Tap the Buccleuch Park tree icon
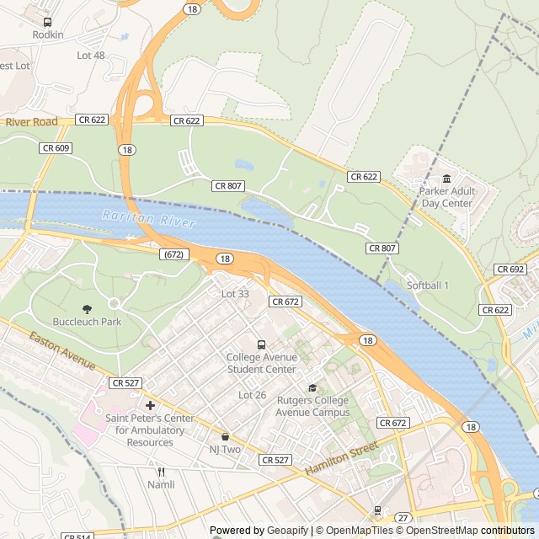(87, 309)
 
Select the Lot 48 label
(91, 56)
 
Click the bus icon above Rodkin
(47, 23)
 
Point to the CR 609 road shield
(56, 148)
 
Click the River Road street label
(31, 122)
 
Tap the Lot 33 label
(235, 294)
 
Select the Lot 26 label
(252, 395)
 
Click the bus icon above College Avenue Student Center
(261, 344)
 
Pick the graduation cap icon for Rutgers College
(312, 387)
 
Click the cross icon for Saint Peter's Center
(150, 405)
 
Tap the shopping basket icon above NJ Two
(225, 436)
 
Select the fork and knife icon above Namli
(161, 472)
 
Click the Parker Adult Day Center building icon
(447, 179)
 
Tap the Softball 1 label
(428, 286)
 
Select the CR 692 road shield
(510, 269)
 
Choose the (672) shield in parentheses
(173, 253)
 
